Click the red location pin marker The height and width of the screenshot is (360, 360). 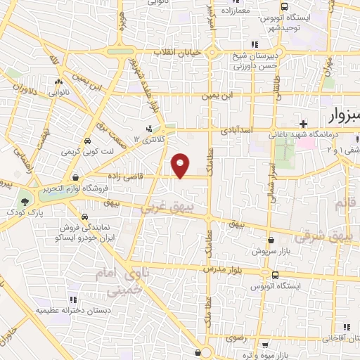(x=181, y=166)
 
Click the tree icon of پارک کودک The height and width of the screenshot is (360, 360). (x=25, y=200)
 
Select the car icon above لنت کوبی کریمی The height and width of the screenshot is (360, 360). (x=86, y=141)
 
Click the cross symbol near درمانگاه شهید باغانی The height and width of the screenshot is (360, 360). (x=302, y=123)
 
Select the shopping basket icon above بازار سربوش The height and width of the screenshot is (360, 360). (x=261, y=240)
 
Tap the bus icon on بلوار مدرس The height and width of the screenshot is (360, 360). (x=275, y=275)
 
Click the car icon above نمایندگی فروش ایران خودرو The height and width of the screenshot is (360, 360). (x=84, y=217)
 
